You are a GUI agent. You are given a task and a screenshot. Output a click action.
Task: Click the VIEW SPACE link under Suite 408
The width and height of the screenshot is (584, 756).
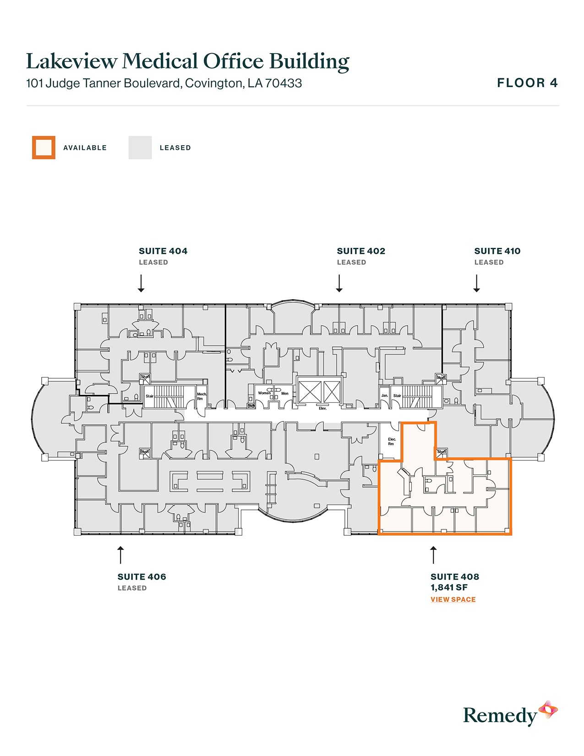click(x=453, y=599)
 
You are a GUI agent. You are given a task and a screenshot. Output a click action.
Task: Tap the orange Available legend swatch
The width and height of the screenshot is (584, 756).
click(x=44, y=148)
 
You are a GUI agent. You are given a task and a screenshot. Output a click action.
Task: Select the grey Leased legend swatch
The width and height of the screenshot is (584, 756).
click(x=140, y=148)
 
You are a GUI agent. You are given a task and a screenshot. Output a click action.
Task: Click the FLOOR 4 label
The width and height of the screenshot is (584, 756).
click(x=527, y=83)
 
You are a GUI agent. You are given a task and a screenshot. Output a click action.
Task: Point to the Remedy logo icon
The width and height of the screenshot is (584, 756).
click(x=548, y=710)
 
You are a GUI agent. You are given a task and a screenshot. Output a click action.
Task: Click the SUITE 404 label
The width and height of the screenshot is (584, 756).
click(x=163, y=251)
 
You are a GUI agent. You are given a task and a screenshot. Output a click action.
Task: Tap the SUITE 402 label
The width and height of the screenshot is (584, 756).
click(x=361, y=251)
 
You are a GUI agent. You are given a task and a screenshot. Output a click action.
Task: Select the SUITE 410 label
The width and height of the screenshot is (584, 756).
click(x=497, y=251)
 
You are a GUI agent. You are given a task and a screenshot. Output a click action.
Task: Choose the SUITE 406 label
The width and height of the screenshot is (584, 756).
click(x=142, y=577)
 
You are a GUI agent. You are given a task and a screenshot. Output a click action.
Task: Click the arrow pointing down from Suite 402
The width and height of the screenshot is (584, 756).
click(x=339, y=283)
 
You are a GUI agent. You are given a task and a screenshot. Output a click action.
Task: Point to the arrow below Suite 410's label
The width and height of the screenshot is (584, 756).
click(x=476, y=283)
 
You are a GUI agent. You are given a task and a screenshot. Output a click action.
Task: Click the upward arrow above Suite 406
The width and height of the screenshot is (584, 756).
click(x=120, y=554)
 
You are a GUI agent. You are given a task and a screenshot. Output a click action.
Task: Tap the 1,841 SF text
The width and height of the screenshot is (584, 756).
click(x=449, y=587)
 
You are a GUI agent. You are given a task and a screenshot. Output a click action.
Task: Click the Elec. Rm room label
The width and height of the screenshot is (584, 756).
click(x=392, y=441)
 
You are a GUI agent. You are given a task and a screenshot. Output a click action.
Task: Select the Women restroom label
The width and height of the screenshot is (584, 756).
click(x=264, y=393)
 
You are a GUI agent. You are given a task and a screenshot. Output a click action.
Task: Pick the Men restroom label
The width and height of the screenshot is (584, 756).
click(x=285, y=394)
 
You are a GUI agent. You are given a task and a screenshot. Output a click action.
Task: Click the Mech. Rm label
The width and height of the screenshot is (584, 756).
click(x=202, y=396)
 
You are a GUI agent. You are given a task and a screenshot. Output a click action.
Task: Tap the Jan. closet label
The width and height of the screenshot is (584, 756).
click(x=384, y=395)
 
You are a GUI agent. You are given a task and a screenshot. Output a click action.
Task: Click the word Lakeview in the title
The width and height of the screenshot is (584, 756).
click(x=71, y=61)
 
